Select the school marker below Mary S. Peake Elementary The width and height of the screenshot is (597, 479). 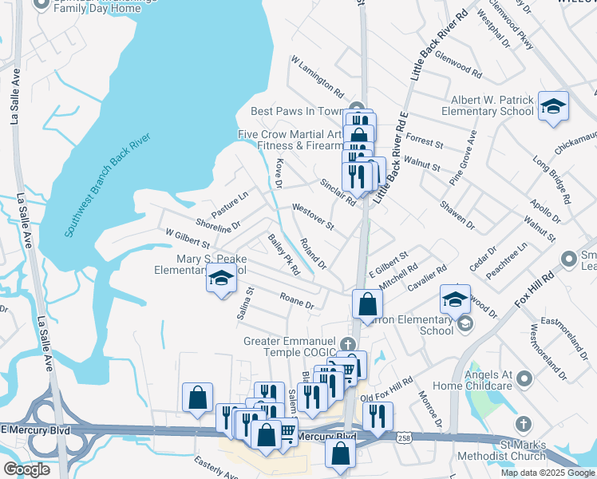[222, 278]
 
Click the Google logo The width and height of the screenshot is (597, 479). [26, 469]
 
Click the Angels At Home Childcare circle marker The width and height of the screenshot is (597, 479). [524, 378]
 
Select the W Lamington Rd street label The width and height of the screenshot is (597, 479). [317, 77]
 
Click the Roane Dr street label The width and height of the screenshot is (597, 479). [297, 300]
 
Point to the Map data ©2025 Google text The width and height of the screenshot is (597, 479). [547, 473]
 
